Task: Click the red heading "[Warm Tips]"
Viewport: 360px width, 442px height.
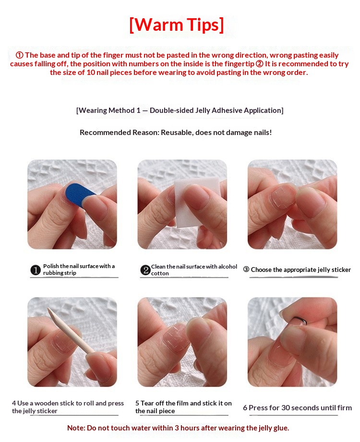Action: pos(177,25)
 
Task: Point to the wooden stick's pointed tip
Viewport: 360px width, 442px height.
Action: pos(48,309)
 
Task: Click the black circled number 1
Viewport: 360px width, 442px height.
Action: pos(36,270)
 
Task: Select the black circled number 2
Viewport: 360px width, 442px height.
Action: pos(145,270)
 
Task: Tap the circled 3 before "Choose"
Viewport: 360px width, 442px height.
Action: pos(246,270)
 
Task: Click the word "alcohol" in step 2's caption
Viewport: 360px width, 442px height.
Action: pos(228,267)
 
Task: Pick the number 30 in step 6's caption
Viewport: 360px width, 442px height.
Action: pos(286,408)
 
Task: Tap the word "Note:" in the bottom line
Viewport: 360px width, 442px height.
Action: pos(76,428)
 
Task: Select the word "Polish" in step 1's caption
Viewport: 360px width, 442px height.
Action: pos(51,266)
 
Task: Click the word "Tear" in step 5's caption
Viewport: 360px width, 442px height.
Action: pos(147,404)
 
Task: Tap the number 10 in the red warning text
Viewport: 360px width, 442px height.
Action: pos(91,73)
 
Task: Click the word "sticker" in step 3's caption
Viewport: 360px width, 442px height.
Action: pos(341,270)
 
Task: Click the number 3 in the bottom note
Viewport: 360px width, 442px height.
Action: pos(177,428)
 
